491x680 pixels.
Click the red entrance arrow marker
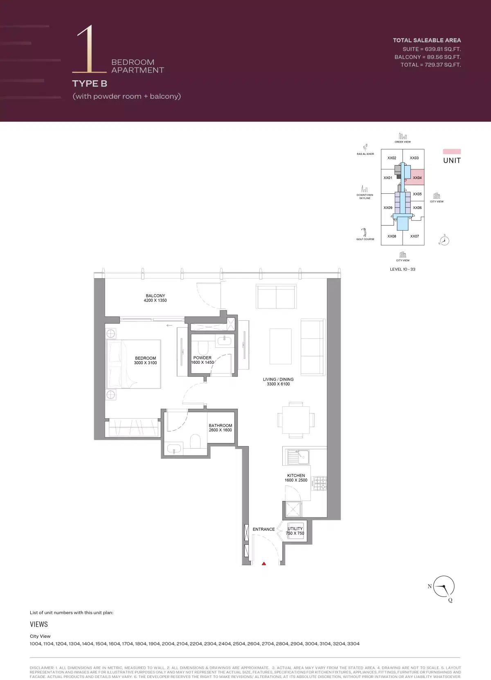(x=264, y=564)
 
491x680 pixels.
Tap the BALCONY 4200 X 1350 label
(x=155, y=298)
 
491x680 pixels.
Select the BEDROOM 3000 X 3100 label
(x=145, y=360)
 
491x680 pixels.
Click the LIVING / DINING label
(x=278, y=382)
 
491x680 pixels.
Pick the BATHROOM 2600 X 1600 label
(x=220, y=428)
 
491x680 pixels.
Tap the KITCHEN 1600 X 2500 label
(x=296, y=478)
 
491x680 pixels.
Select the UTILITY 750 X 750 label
(x=295, y=531)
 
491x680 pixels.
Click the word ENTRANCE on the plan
(x=264, y=529)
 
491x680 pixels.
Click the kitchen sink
(x=298, y=456)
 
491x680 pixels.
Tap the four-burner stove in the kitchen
(x=320, y=483)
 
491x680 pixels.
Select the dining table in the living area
(x=296, y=420)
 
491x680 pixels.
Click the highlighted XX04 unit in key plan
(x=417, y=178)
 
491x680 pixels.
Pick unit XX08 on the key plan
(x=392, y=236)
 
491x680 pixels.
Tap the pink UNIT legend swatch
(x=452, y=152)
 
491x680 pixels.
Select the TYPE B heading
(x=90, y=84)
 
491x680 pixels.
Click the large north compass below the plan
(x=444, y=587)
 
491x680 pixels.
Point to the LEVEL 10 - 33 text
(x=402, y=269)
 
